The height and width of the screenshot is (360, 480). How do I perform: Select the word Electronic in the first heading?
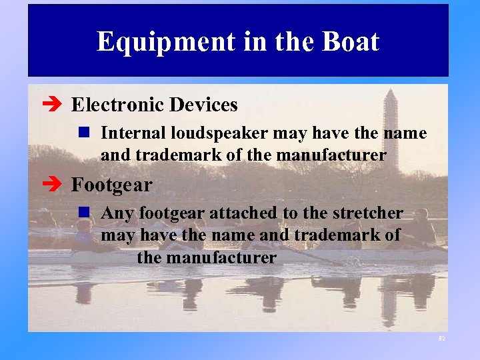(117, 105)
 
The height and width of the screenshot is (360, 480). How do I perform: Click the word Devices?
(203, 105)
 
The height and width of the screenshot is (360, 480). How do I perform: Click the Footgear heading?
(111, 184)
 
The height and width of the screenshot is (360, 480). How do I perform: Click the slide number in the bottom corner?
(441, 339)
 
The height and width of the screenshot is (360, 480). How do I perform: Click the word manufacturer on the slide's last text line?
(207, 257)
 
